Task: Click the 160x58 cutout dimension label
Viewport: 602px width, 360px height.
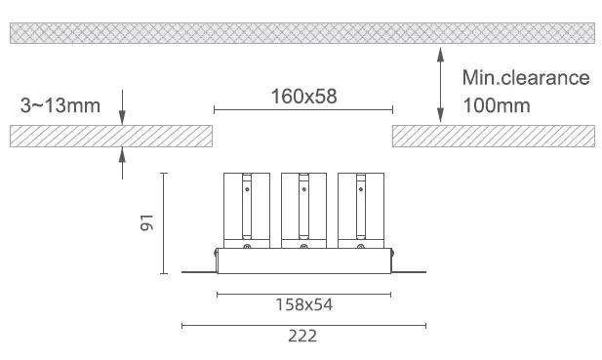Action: pos(303,97)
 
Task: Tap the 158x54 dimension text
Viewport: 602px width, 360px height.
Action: pos(303,304)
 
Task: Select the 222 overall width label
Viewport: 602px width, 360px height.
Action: pos(302,336)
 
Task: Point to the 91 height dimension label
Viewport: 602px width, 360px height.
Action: pos(146,223)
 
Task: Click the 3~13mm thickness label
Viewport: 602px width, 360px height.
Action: pos(60,105)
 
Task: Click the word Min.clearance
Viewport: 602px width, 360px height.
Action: pos(526,78)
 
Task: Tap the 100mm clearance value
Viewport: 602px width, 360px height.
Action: pos(497,105)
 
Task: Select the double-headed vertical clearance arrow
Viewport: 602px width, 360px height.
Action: pos(440,85)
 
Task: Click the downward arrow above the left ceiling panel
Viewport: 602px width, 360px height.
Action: pos(122,107)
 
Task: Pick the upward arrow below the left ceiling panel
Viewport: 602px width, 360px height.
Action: pos(122,163)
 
